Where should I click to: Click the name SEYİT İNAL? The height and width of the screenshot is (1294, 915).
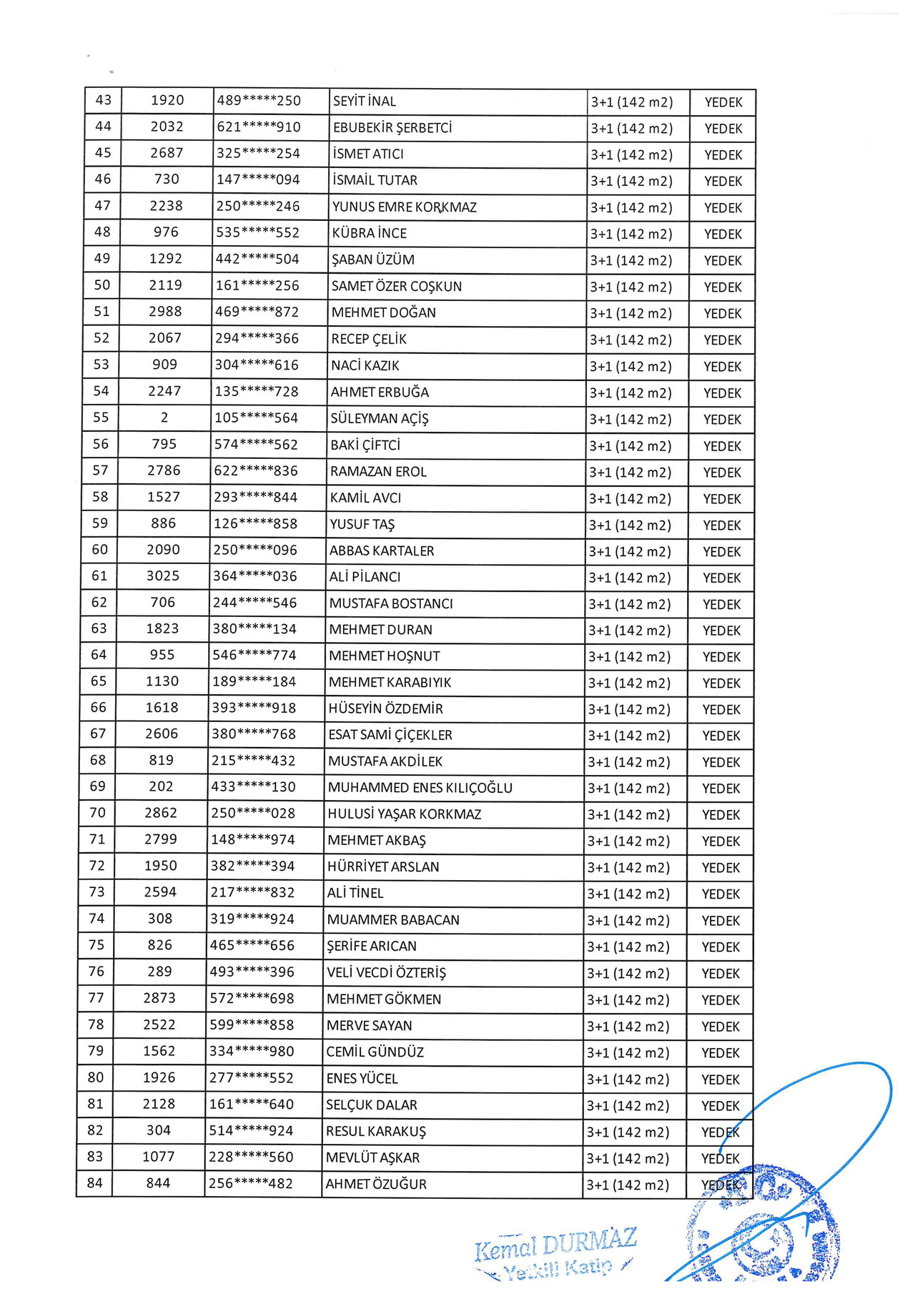pyautogui.click(x=365, y=102)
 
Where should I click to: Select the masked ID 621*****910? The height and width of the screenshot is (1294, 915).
pyautogui.click(x=258, y=127)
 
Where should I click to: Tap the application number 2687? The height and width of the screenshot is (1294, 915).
pyautogui.click(x=167, y=153)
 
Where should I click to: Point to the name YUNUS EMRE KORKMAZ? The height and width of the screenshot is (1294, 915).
pyautogui.click(x=404, y=207)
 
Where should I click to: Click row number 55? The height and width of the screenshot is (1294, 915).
pyautogui.click(x=101, y=418)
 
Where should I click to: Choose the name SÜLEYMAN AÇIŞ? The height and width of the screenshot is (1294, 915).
pyautogui.click(x=379, y=418)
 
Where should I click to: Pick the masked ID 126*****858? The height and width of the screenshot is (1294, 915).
pyautogui.click(x=255, y=523)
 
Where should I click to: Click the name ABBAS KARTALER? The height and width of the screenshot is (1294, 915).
pyautogui.click(x=382, y=550)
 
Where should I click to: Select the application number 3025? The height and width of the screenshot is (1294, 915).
pyautogui.click(x=163, y=576)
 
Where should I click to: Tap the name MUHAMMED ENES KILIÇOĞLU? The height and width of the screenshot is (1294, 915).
pyautogui.click(x=420, y=788)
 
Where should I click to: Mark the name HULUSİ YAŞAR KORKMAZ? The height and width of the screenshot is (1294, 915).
pyautogui.click(x=404, y=814)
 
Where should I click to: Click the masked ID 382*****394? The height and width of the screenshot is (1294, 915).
pyautogui.click(x=252, y=866)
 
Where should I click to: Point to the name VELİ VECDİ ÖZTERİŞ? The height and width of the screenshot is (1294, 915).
pyautogui.click(x=386, y=973)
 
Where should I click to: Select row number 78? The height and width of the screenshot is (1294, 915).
pyautogui.click(x=96, y=1024)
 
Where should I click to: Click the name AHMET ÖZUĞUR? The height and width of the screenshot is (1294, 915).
pyautogui.click(x=376, y=1184)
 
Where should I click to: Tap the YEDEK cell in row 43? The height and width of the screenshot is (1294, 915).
pyautogui.click(x=723, y=102)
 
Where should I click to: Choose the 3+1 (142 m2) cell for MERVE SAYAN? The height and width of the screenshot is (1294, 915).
pyautogui.click(x=628, y=1026)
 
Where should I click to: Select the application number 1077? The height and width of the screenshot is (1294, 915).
pyautogui.click(x=158, y=1157)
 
